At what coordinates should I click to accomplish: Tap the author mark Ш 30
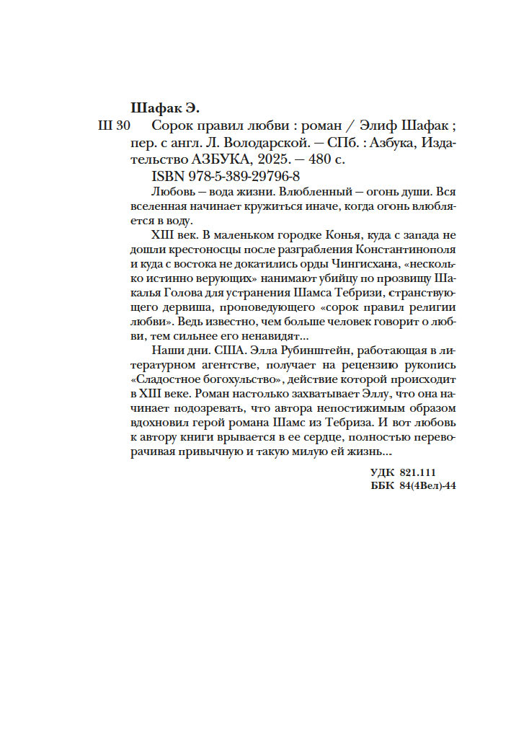click(x=112, y=125)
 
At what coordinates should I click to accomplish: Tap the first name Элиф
click(x=383, y=125)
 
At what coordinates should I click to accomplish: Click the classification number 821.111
click(x=417, y=472)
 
